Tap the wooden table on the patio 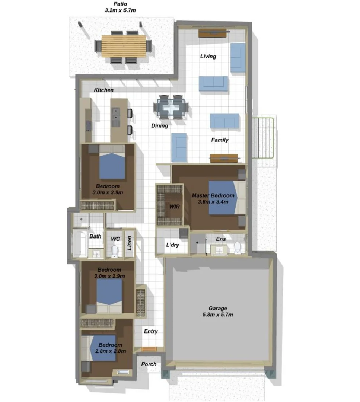click(124, 46)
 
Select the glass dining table click(171, 107)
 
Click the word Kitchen click(103, 90)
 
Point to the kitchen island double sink click(116, 117)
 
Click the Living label click(208, 57)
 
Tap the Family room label click(220, 140)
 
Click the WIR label click(174, 207)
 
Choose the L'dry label click(173, 245)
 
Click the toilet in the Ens click(238, 248)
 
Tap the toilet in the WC click(115, 251)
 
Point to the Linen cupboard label click(130, 243)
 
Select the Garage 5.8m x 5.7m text click(218, 312)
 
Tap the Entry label click(151, 331)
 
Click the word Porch click(149, 364)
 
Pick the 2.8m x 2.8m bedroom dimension click(111, 351)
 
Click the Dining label click(159, 126)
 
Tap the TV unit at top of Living click(213, 33)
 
